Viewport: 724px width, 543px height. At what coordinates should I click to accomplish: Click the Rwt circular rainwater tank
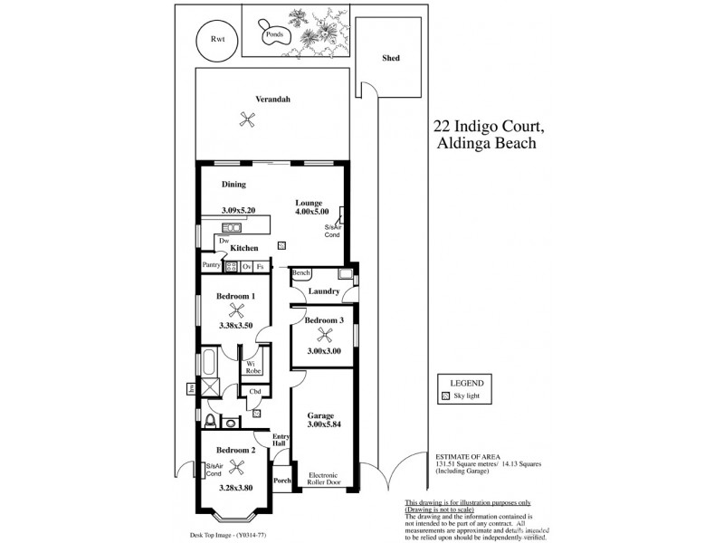[217, 40]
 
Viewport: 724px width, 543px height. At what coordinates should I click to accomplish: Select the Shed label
[390, 58]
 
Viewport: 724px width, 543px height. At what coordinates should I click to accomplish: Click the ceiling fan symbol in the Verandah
[245, 118]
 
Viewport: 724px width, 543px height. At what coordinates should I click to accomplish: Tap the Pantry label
[212, 266]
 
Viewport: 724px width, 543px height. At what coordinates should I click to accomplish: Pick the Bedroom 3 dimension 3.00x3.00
[322, 351]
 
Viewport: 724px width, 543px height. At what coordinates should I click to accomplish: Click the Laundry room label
[323, 291]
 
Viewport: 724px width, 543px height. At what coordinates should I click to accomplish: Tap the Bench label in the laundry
[301, 273]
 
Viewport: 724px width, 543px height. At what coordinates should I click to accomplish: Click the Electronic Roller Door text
[323, 479]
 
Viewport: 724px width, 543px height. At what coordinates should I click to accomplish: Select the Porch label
[282, 481]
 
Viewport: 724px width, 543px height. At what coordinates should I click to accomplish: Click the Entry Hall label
[281, 439]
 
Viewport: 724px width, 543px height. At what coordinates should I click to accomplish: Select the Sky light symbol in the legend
[445, 396]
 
